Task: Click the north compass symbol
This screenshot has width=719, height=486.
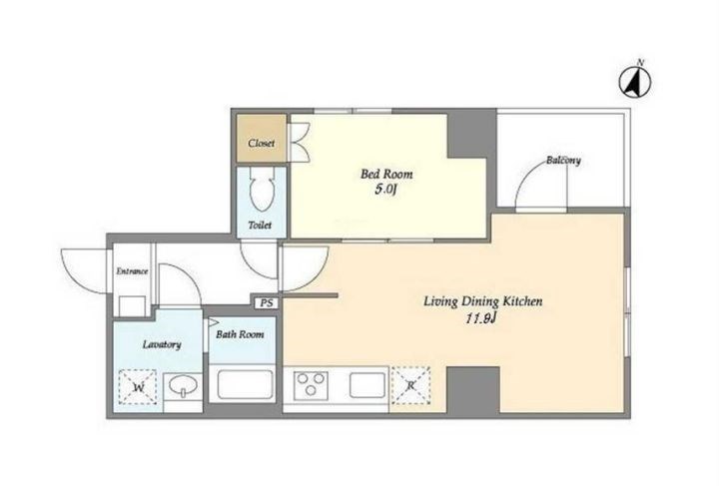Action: click(635, 82)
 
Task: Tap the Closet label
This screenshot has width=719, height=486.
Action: click(262, 144)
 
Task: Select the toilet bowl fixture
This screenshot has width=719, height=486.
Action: click(262, 189)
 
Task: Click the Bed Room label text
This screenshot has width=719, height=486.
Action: click(386, 174)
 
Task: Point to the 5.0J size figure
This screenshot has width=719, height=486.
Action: click(385, 190)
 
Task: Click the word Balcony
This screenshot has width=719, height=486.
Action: click(563, 161)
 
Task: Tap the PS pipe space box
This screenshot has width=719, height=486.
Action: click(267, 302)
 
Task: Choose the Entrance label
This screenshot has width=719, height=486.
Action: click(132, 271)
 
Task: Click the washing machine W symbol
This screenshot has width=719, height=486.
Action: click(138, 387)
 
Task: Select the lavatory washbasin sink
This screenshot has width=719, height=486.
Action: click(183, 385)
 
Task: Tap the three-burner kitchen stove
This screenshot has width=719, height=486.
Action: click(311, 384)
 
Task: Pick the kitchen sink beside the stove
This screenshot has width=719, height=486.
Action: click(367, 385)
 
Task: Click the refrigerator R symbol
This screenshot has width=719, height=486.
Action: click(410, 385)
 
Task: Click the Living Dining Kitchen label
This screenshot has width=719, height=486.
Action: click(483, 301)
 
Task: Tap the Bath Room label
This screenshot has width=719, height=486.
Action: click(240, 334)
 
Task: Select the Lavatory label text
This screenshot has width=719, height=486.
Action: click(162, 344)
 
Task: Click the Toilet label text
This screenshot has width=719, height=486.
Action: click(260, 225)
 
